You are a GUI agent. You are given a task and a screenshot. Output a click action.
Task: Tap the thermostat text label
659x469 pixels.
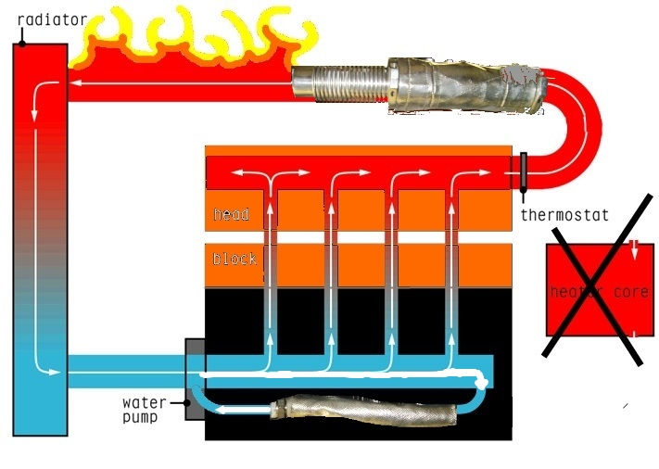(x=564, y=215)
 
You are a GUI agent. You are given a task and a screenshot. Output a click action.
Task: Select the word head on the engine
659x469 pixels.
(x=232, y=215)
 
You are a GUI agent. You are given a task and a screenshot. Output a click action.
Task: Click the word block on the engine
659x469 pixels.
(x=234, y=259)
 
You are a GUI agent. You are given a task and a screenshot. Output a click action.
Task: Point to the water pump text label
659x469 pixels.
(x=144, y=410)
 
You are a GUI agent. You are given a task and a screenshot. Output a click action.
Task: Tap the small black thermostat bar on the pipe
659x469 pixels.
(x=524, y=171)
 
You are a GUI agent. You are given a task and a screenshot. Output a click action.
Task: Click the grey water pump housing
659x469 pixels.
(x=195, y=377)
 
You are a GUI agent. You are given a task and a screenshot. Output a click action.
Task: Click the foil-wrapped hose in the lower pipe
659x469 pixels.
(x=361, y=406)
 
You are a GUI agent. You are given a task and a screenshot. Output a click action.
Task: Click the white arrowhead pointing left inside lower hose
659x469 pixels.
(x=222, y=409)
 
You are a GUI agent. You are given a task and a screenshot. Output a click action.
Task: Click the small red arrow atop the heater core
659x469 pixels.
(x=633, y=247)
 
